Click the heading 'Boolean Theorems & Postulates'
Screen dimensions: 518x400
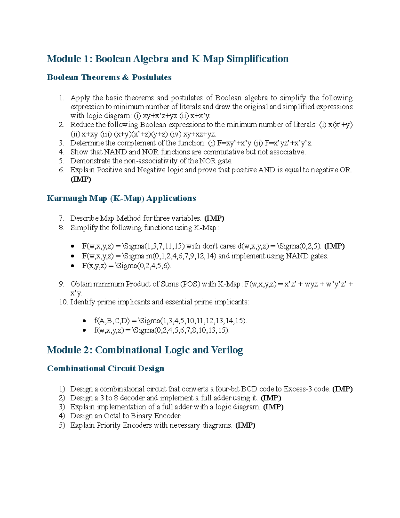click(109, 77)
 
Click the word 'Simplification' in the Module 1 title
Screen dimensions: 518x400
click(257, 59)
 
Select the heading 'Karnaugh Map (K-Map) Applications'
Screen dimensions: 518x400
click(121, 198)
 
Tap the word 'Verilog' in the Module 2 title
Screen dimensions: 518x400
click(227, 350)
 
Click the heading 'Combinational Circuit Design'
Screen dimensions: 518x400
click(106, 368)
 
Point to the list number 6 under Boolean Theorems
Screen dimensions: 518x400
click(61, 170)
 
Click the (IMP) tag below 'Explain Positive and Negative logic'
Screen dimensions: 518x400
click(81, 179)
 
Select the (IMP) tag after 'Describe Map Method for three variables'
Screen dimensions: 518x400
click(214, 218)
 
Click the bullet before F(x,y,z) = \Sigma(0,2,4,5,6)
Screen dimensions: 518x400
click(73, 266)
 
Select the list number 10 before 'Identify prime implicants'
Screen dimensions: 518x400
click(63, 302)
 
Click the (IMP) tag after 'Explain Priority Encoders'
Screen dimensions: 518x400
click(245, 425)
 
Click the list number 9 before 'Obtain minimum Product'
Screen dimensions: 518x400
click(61, 284)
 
